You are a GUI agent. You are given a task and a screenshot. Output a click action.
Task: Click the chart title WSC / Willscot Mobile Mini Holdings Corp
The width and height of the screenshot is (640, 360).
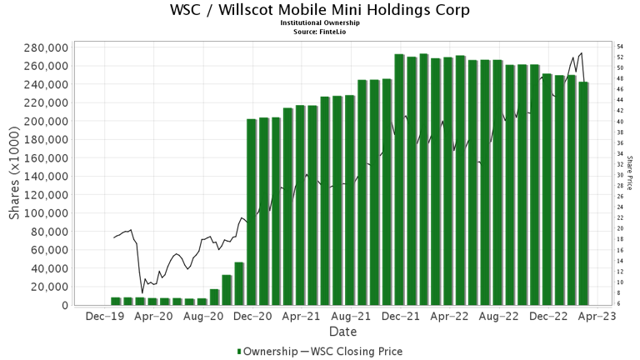click(x=319, y=10)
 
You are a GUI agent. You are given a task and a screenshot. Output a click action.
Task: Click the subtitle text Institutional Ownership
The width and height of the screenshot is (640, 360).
click(x=319, y=23)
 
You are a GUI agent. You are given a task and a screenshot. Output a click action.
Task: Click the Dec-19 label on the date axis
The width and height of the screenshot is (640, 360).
click(x=104, y=317)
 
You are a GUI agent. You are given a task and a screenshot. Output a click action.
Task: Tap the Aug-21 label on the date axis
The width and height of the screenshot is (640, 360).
click(x=351, y=317)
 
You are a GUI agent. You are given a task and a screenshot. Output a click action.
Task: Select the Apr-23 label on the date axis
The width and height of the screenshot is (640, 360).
click(x=597, y=317)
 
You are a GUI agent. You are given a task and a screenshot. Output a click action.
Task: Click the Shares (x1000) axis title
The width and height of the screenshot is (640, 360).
click(x=14, y=172)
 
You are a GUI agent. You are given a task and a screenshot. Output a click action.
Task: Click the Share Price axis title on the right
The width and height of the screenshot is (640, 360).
click(x=629, y=172)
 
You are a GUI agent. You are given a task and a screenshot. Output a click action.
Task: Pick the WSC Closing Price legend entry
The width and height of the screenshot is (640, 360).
click(x=356, y=352)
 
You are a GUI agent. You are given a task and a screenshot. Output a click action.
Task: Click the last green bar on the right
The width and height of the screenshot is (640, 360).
click(x=583, y=193)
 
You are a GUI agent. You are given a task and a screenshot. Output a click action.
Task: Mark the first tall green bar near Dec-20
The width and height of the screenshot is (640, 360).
click(x=252, y=212)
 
